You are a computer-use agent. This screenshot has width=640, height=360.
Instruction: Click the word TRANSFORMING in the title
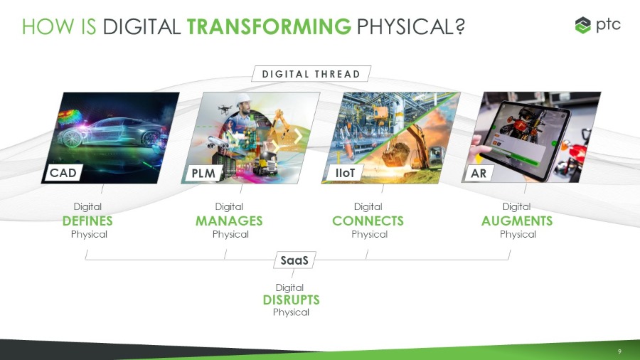[269, 27]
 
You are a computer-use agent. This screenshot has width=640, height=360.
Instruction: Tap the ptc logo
[597, 26]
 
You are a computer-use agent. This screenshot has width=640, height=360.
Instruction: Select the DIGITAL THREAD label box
[311, 74]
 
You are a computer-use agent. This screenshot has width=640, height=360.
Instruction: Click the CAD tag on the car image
[63, 173]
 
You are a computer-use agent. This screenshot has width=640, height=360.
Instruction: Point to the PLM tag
[203, 173]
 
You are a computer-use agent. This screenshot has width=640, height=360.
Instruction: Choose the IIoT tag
[345, 173]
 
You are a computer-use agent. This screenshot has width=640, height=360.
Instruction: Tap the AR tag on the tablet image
[479, 174]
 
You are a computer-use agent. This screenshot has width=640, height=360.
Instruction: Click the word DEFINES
[87, 221]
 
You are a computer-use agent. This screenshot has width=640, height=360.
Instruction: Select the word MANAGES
[229, 221]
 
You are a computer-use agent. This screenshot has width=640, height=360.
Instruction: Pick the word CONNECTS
[368, 221]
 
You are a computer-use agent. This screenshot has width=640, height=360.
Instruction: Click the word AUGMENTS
[517, 221]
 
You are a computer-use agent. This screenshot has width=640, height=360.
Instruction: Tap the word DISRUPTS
[291, 300]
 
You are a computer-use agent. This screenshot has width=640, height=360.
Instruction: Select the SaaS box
[294, 260]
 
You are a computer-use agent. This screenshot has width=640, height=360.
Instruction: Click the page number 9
[619, 351]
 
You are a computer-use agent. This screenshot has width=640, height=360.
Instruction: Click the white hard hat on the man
[243, 99]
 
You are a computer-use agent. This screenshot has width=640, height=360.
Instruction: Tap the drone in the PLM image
[225, 109]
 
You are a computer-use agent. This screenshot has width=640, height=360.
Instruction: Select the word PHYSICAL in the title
[411, 27]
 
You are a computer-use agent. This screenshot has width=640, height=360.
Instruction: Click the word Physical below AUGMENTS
[518, 234]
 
